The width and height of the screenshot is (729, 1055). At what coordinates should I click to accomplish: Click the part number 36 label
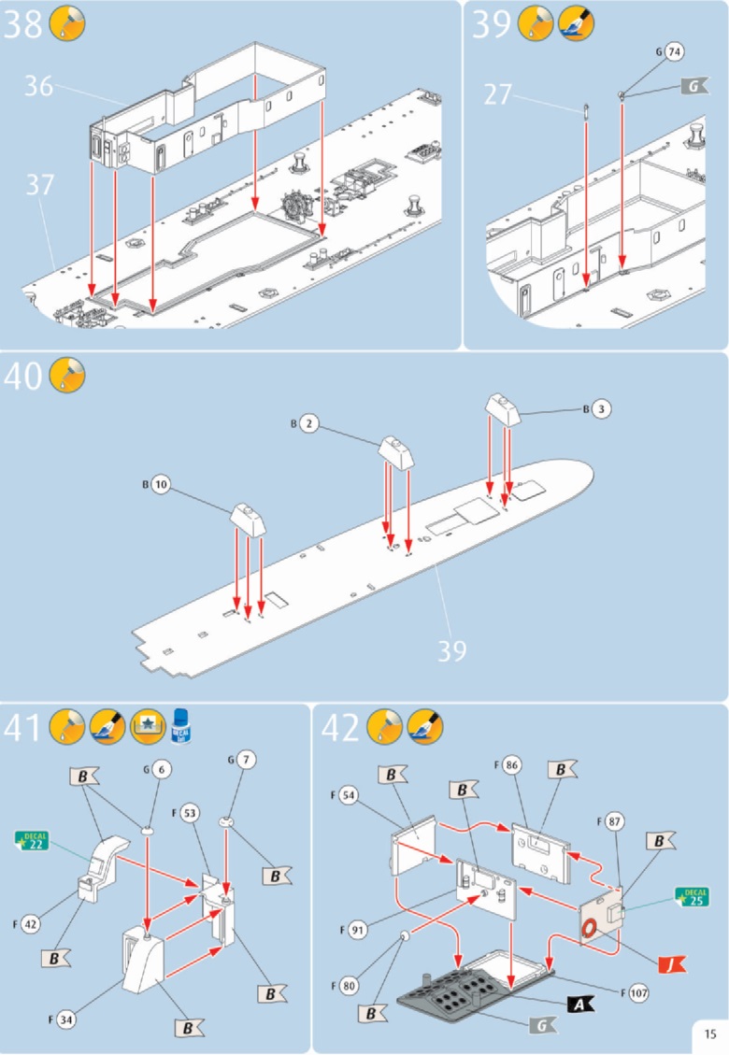coord(38,86)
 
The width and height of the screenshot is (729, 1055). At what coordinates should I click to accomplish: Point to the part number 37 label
coord(39,185)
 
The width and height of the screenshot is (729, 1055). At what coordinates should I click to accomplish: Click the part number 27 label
coord(499,94)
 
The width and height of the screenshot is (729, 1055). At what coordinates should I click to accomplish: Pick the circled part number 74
coord(674,53)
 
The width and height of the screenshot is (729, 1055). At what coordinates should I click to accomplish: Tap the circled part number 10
coord(162,486)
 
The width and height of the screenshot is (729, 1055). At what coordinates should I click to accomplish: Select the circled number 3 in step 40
coord(603,408)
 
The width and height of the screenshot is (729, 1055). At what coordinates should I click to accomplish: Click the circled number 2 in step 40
coord(310,424)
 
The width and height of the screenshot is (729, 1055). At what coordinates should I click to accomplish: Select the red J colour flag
coord(672,963)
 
